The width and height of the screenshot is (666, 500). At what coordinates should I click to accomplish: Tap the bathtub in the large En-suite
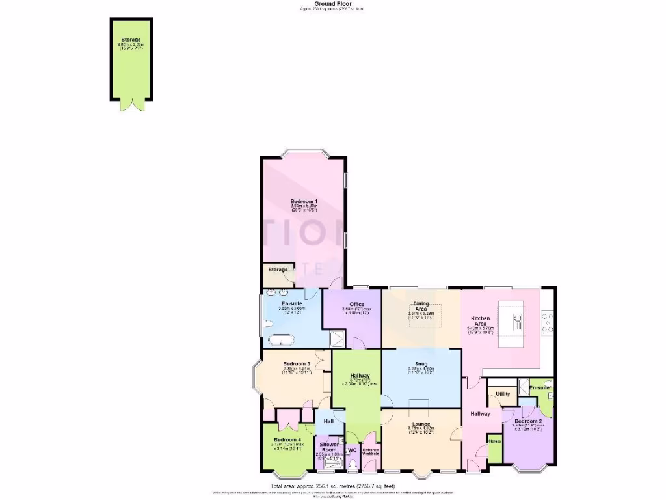(x=280, y=339)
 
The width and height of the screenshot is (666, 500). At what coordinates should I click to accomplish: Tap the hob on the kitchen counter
(x=548, y=319)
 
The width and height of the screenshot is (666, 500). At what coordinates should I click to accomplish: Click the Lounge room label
(x=421, y=423)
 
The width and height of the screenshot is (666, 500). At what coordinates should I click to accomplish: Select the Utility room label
(x=503, y=394)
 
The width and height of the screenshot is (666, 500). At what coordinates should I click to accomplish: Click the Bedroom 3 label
(x=296, y=364)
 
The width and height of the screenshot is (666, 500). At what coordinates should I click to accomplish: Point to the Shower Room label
(x=329, y=447)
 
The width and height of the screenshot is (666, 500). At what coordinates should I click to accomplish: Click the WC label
(x=352, y=449)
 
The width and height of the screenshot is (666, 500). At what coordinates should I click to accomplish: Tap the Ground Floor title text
(x=332, y=3)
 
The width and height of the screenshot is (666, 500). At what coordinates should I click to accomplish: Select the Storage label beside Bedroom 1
(x=278, y=270)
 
